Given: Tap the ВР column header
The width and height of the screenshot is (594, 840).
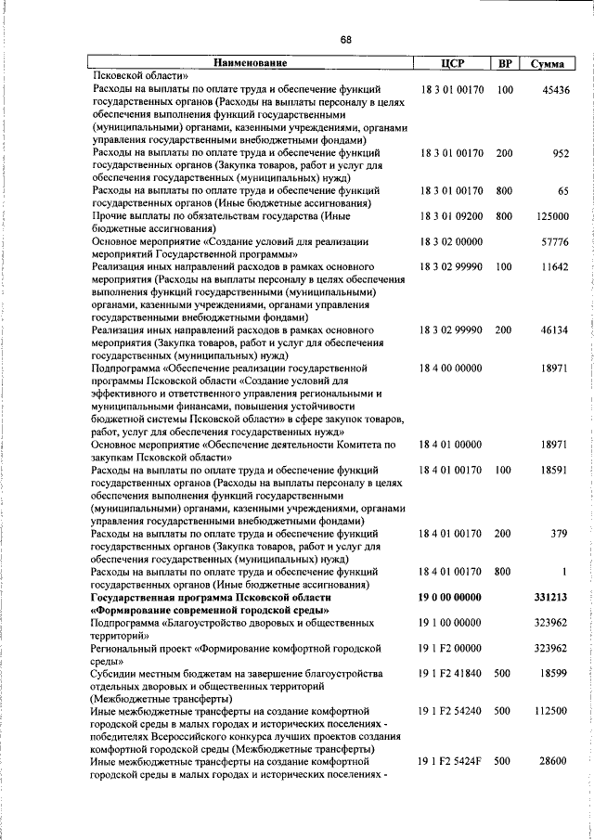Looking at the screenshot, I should [505, 64].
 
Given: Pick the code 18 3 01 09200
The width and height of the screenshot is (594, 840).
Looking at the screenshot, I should [451, 216].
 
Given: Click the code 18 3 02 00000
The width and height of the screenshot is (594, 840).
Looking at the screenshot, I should [451, 241].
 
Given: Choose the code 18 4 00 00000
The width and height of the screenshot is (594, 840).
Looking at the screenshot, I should [451, 368].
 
